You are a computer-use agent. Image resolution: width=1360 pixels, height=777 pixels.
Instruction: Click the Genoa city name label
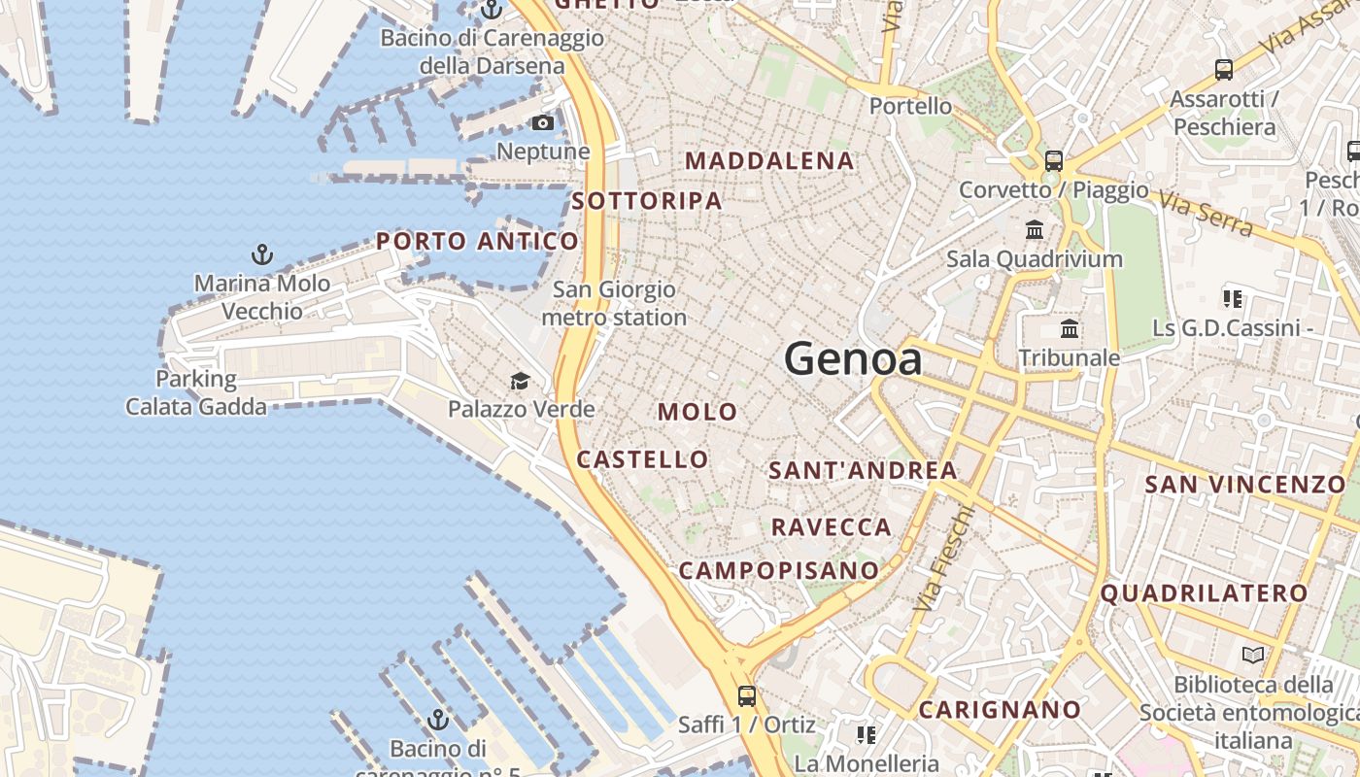[853, 359]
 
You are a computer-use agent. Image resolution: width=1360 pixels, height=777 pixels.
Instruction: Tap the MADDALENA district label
[770, 161]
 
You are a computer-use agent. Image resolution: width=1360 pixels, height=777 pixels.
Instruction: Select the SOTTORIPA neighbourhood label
[647, 201]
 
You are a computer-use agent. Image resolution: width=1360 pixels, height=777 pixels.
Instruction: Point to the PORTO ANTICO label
[477, 241]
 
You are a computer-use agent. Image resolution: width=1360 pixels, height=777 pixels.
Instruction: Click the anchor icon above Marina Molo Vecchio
[261, 255]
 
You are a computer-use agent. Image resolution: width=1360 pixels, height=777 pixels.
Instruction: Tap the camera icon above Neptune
[543, 123]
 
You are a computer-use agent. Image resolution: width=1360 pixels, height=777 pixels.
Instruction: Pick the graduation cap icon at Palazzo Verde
[521, 381]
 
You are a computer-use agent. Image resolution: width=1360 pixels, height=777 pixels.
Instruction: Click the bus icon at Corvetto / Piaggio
[1054, 161]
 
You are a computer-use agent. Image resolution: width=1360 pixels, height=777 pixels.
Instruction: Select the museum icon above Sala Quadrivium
[1035, 231]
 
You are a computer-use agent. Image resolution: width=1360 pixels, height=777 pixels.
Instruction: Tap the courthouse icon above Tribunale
[1070, 329]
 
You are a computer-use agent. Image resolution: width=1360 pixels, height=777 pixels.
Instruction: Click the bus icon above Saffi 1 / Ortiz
[746, 696]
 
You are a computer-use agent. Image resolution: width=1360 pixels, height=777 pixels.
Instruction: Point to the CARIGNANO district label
[1000, 710]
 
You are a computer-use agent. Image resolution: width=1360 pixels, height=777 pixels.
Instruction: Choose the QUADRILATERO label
[1204, 592]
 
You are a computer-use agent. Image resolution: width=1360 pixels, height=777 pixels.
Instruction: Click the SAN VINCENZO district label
[1244, 484]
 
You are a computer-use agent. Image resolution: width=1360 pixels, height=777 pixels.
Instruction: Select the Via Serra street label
[1205, 214]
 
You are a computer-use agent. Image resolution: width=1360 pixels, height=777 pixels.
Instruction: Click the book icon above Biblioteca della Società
[1253, 656]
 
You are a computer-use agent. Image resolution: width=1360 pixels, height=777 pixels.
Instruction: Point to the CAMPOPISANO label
[778, 570]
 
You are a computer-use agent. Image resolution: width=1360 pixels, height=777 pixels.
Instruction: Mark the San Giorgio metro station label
[614, 303]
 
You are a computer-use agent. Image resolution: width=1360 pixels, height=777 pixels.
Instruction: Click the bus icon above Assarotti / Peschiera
[1224, 70]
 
